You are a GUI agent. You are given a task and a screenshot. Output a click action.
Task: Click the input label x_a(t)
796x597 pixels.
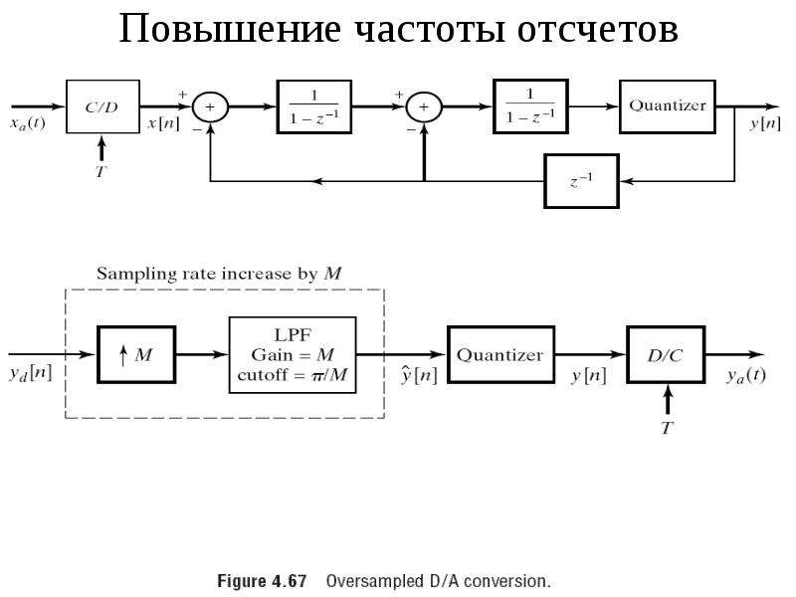tap(28, 123)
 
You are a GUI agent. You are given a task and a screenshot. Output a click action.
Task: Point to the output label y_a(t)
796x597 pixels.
tap(746, 376)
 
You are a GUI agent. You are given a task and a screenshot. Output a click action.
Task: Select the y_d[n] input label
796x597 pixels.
tap(31, 374)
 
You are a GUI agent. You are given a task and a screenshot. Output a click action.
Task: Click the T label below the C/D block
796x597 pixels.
tap(101, 171)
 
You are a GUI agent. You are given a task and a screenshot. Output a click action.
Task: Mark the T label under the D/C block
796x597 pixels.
tap(667, 428)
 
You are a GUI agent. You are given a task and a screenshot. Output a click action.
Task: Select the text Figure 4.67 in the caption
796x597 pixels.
tap(262, 581)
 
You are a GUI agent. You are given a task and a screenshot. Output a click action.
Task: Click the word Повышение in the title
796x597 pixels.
tap(230, 29)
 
